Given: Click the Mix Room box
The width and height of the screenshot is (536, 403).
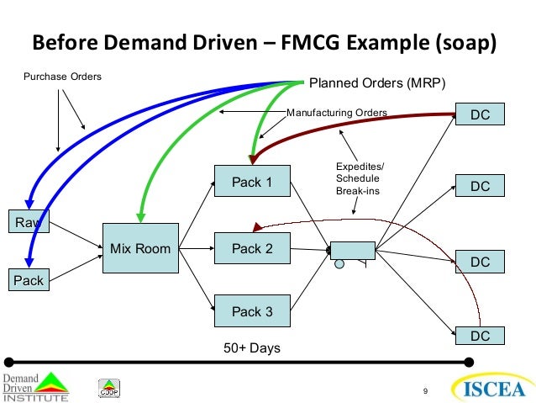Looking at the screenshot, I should tap(140, 248).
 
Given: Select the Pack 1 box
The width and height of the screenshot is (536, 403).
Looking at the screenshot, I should tap(252, 183).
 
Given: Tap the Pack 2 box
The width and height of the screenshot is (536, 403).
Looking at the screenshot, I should tap(252, 248).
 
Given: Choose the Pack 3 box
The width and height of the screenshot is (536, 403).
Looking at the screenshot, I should tap(252, 311).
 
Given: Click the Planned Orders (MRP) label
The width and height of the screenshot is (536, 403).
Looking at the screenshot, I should tap(377, 82).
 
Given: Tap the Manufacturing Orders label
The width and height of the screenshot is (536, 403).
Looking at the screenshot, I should tap(337, 112).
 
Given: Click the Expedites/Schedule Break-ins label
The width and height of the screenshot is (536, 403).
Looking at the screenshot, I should tap(358, 179).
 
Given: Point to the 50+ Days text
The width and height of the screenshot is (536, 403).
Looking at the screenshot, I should tap(252, 347).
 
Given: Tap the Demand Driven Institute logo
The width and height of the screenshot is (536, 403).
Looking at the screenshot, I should tap(34, 385).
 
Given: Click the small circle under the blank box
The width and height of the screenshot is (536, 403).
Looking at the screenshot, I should tap(339, 263).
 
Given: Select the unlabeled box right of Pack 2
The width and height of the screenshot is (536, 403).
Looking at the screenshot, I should tap(352, 249).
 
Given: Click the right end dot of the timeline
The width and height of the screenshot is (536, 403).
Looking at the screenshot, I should tap(469, 363).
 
